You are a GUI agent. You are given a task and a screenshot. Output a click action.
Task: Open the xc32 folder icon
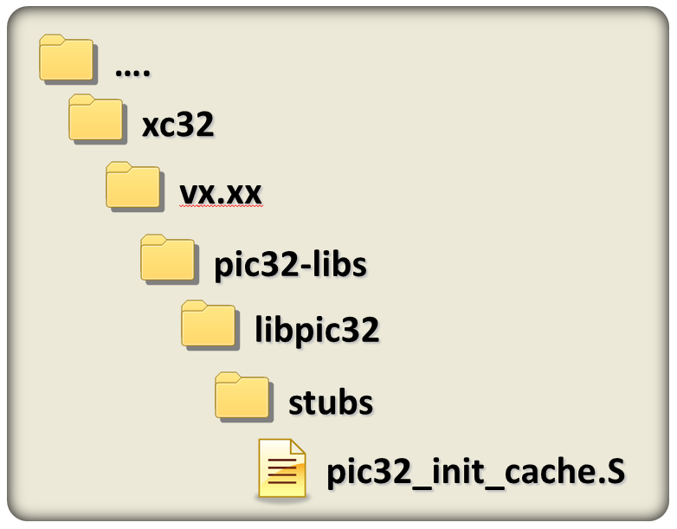96,119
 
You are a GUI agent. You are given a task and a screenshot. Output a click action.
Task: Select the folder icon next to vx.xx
132,185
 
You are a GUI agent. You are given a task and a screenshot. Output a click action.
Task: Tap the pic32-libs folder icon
168,257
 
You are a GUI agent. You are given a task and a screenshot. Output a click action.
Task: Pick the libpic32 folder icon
208,324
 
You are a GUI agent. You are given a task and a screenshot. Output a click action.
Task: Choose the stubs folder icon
242,395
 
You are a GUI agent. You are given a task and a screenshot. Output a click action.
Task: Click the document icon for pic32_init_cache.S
282,468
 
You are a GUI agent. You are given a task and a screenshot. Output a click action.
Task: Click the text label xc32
177,126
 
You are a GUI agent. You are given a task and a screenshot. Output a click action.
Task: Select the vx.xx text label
220,194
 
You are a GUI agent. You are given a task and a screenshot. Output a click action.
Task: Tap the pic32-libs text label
290,264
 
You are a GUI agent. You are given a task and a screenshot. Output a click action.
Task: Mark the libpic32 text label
317,331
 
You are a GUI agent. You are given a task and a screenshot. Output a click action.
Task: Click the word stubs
330,403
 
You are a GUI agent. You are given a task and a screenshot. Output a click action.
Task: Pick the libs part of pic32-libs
337,264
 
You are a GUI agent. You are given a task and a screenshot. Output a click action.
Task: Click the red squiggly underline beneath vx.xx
220,208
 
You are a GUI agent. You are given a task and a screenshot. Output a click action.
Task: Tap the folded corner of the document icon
296,449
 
